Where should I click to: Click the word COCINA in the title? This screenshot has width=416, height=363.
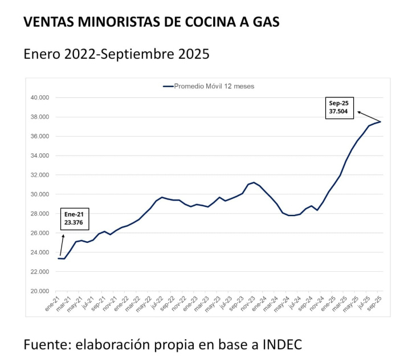tap(208, 23)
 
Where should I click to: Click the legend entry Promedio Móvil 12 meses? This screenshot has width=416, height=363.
tap(209, 87)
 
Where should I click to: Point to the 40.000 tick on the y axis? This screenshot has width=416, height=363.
tap(40, 97)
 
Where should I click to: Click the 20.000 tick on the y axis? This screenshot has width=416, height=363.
tap(40, 291)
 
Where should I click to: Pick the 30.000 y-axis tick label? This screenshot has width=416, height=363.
tap(40, 194)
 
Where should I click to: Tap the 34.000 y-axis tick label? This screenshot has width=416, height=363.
tap(40, 156)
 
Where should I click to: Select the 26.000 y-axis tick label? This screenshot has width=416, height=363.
tap(40, 233)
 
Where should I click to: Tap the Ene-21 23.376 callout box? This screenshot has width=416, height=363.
tap(74, 219)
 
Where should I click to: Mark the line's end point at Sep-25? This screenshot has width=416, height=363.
tap(381, 121)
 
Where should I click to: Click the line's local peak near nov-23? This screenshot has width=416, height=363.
tap(254, 182)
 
